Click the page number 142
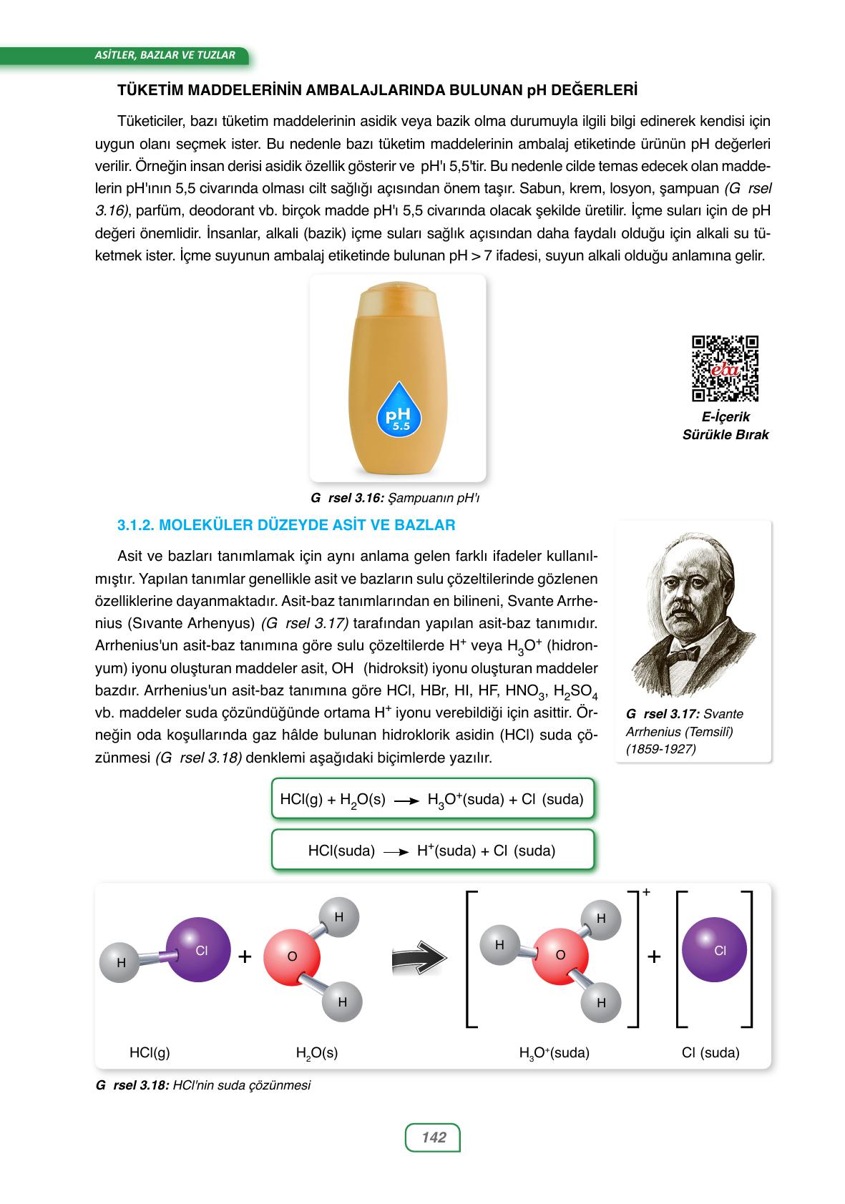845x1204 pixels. tap(433, 1137)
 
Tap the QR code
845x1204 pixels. tap(725, 368)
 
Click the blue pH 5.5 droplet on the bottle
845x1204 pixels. tap(399, 408)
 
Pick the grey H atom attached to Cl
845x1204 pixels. tap(121, 962)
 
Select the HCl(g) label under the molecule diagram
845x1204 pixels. tap(150, 1052)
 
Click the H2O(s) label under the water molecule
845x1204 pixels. tap(316, 1053)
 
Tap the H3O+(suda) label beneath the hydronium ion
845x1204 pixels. tap(554, 1053)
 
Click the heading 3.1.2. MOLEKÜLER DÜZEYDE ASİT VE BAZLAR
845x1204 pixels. tap(285, 525)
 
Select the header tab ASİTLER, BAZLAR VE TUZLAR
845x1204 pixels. tap(165, 54)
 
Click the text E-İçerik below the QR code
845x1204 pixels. tap(726, 417)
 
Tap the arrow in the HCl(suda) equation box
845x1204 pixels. tap(396, 851)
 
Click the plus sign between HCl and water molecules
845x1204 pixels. tap(245, 956)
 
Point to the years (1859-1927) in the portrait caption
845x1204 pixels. tap(660, 749)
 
